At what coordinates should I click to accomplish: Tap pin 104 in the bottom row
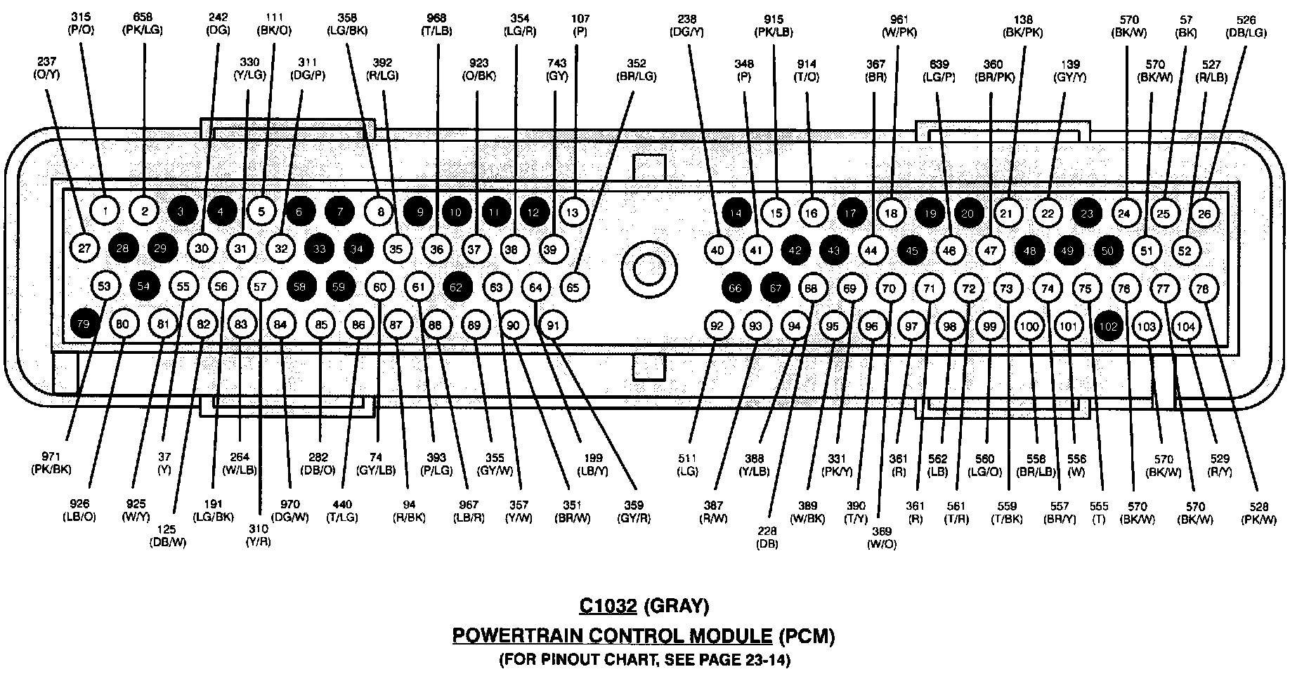pyautogui.click(x=1186, y=326)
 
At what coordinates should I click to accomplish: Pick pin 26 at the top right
pyautogui.click(x=1204, y=213)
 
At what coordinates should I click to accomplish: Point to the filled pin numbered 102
pyautogui.click(x=1108, y=326)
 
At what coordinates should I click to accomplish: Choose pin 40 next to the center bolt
pyautogui.click(x=717, y=250)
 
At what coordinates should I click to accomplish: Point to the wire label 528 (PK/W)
pyautogui.click(x=1258, y=513)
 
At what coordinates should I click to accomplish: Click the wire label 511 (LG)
pyautogui.click(x=686, y=465)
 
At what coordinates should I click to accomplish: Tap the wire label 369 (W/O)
pyautogui.click(x=882, y=538)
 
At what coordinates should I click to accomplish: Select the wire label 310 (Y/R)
pyautogui.click(x=259, y=536)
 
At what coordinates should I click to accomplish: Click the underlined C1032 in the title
pyautogui.click(x=608, y=605)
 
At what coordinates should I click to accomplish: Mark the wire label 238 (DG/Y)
pyautogui.click(x=687, y=25)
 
